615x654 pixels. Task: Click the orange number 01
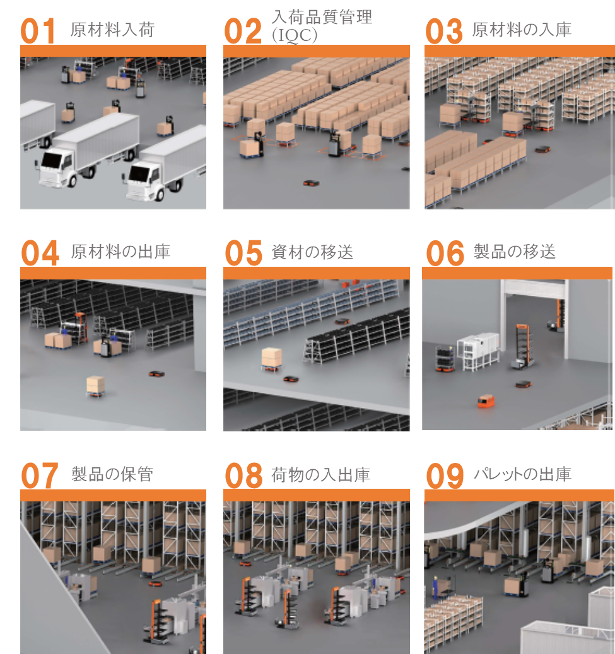(x=38, y=31)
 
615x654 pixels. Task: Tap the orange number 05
(x=243, y=253)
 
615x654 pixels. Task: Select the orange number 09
(x=445, y=476)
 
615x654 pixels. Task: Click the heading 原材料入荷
(x=113, y=30)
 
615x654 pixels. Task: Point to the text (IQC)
(x=295, y=35)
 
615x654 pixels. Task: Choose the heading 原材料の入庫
(x=522, y=30)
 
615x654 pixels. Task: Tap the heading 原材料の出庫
(x=120, y=252)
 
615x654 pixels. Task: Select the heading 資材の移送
(x=312, y=252)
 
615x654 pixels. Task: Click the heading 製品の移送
(x=515, y=252)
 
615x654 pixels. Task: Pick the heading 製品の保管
(x=112, y=474)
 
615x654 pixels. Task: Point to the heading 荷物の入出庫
(x=321, y=475)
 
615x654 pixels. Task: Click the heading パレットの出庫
(x=522, y=474)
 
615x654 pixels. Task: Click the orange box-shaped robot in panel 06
(x=486, y=401)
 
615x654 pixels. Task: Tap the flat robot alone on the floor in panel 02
(x=311, y=183)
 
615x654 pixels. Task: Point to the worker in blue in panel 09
(x=435, y=587)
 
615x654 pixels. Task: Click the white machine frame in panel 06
(x=479, y=351)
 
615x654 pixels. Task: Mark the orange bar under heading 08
(x=317, y=495)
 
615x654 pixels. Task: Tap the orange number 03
(x=444, y=31)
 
